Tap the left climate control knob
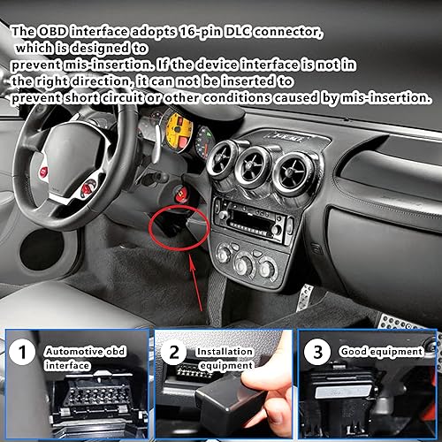(x=225, y=255)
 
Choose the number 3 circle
(x=317, y=351)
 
